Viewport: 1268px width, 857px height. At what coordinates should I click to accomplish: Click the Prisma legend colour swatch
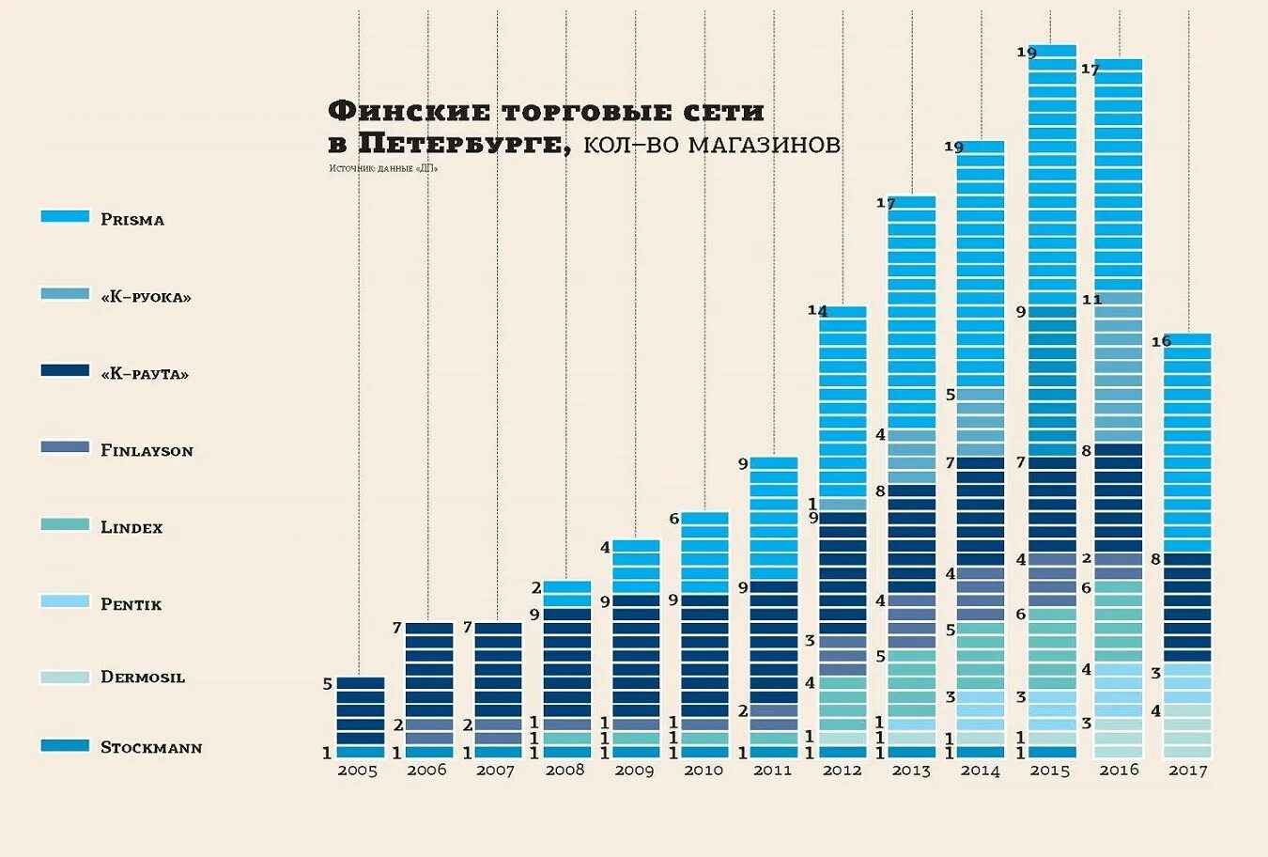coord(65,216)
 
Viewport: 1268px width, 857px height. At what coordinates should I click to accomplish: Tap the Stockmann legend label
coord(151,748)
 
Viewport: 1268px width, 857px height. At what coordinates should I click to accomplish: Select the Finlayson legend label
coord(147,451)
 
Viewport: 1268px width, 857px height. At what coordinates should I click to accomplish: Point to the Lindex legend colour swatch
coord(65,524)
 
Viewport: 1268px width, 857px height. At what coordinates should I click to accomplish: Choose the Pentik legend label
coord(131,604)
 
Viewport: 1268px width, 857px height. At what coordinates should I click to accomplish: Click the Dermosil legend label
coord(143,678)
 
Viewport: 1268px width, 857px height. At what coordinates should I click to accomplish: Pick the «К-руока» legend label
coord(146,297)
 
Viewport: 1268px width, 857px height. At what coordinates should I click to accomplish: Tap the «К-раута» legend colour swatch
coord(65,370)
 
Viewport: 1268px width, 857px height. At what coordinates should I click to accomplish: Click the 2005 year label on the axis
coord(357,771)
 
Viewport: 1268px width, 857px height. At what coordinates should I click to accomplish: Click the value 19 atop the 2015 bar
coord(1027,53)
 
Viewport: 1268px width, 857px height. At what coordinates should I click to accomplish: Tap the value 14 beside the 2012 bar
coord(817,310)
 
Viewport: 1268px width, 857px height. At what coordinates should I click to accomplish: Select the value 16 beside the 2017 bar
coord(1161,341)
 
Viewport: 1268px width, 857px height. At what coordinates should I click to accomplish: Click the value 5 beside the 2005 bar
coord(327,684)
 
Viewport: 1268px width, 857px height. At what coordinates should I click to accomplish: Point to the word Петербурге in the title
coord(460,144)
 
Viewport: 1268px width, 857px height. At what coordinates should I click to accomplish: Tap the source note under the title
coord(383,168)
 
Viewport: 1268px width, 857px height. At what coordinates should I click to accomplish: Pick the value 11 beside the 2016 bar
coord(1091,300)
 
